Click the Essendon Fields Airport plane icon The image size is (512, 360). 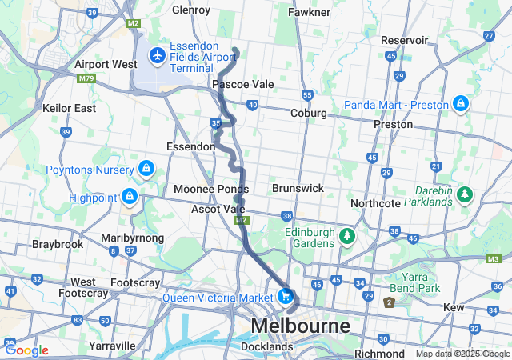[157, 56]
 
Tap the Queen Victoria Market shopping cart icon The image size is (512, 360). [285, 295]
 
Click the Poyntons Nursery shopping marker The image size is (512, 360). [146, 168]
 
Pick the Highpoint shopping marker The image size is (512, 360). [129, 195]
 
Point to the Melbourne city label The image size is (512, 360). [301, 326]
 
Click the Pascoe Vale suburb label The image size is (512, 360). [243, 84]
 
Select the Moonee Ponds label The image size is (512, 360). [211, 189]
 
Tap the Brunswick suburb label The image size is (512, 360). [298, 188]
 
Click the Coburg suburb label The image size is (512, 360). [308, 114]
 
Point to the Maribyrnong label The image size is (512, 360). [132, 238]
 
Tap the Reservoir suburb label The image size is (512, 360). [405, 40]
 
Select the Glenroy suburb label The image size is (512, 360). [190, 10]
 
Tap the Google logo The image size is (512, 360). [26, 350]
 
